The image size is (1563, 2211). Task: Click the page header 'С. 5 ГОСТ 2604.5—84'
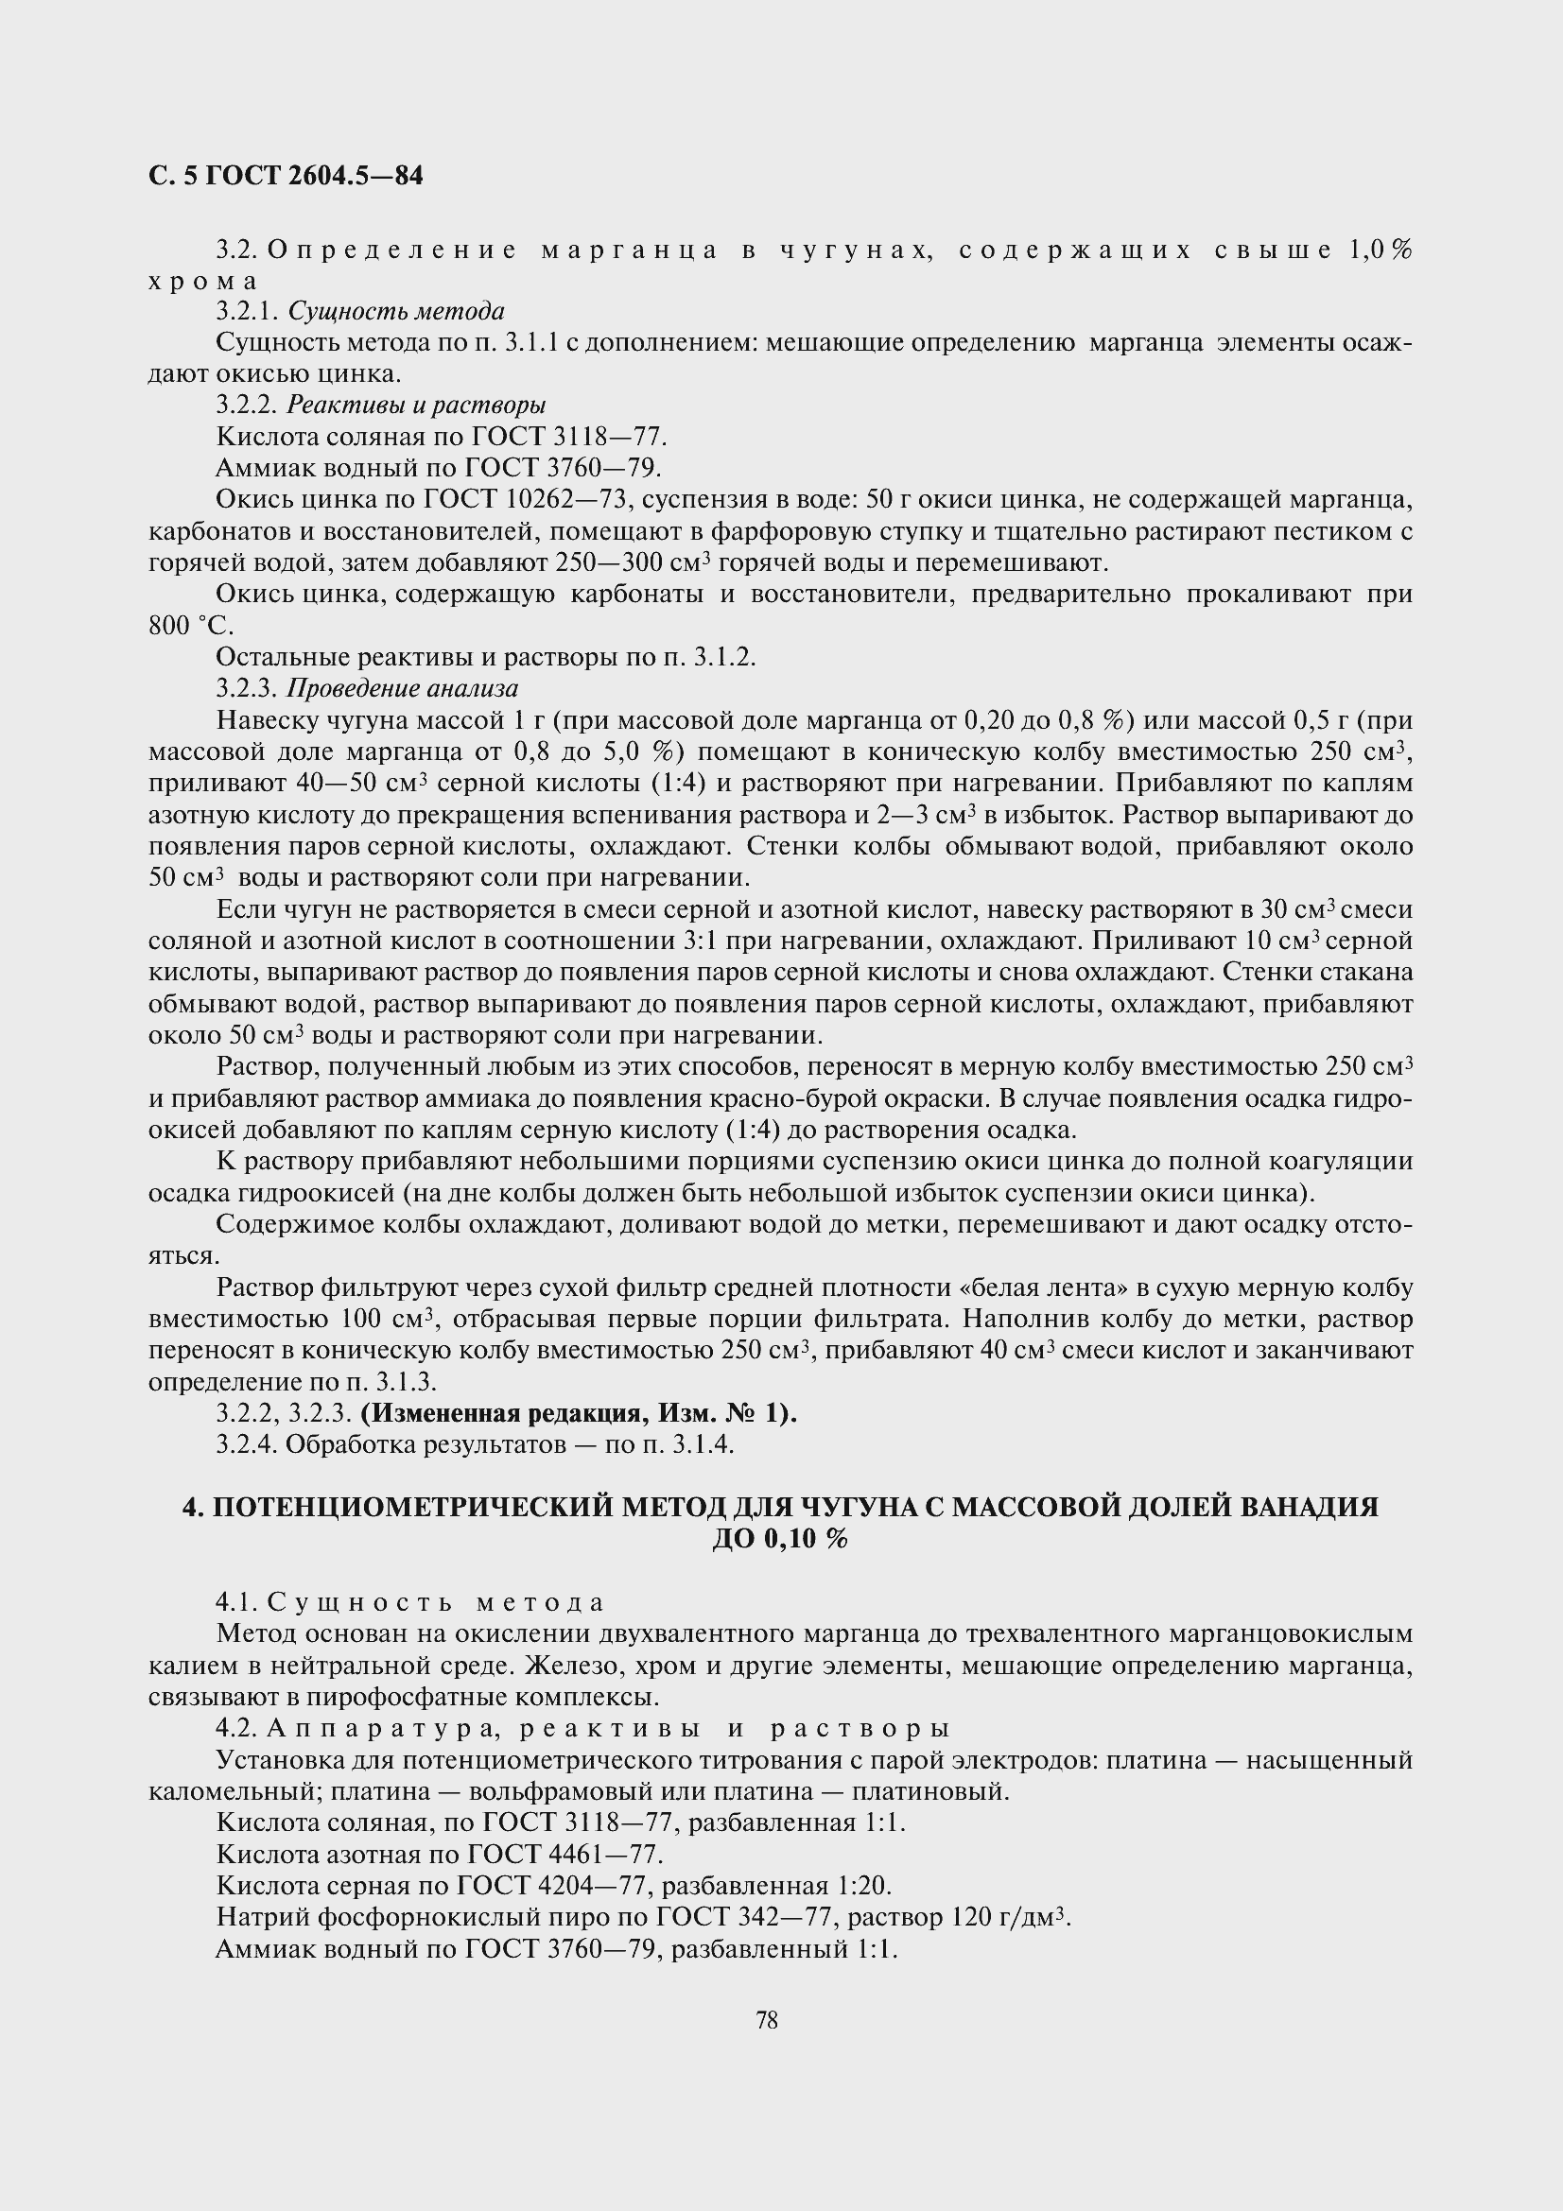tap(286, 176)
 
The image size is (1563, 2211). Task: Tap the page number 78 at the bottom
tap(767, 2019)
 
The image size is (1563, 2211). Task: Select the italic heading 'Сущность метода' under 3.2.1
tap(396, 311)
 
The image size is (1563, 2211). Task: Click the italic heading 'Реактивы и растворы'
tap(416, 406)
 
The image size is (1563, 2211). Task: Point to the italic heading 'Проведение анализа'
tap(403, 688)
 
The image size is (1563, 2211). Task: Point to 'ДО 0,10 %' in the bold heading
tap(780, 1539)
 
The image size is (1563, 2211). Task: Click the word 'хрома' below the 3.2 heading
tap(203, 281)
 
